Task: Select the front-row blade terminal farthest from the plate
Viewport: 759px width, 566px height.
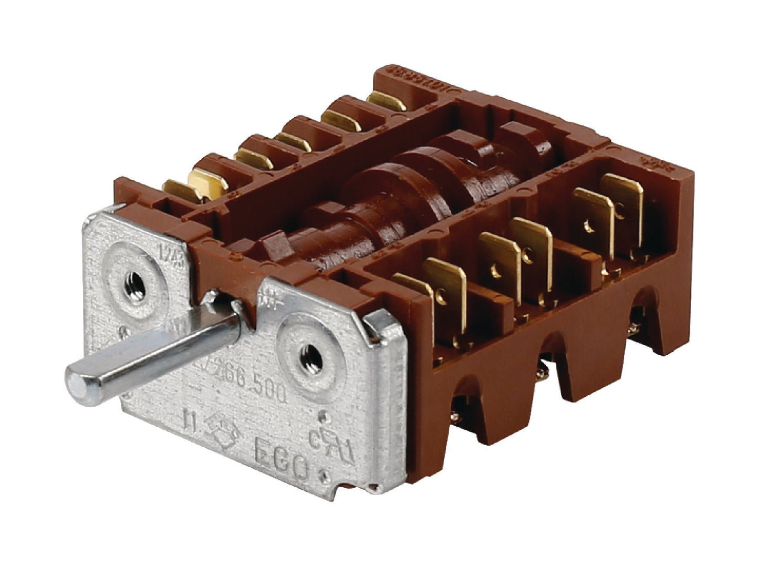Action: pos(622,210)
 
